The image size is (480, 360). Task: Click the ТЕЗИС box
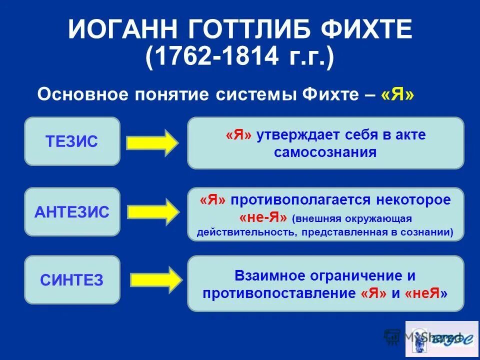pyautogui.click(x=72, y=141)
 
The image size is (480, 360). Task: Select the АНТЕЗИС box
pyautogui.click(x=72, y=212)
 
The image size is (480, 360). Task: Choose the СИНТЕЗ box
pyautogui.click(x=72, y=280)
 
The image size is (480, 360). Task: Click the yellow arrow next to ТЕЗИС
pyautogui.click(x=152, y=143)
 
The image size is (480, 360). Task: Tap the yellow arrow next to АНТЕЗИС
pyautogui.click(x=152, y=212)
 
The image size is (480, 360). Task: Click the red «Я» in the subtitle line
pyautogui.click(x=397, y=95)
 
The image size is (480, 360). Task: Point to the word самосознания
pyautogui.click(x=325, y=152)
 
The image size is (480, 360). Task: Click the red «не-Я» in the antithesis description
pyautogui.click(x=263, y=218)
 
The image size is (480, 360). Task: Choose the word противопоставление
pyautogui.click(x=279, y=293)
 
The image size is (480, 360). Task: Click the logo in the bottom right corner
pyautogui.click(x=441, y=338)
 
